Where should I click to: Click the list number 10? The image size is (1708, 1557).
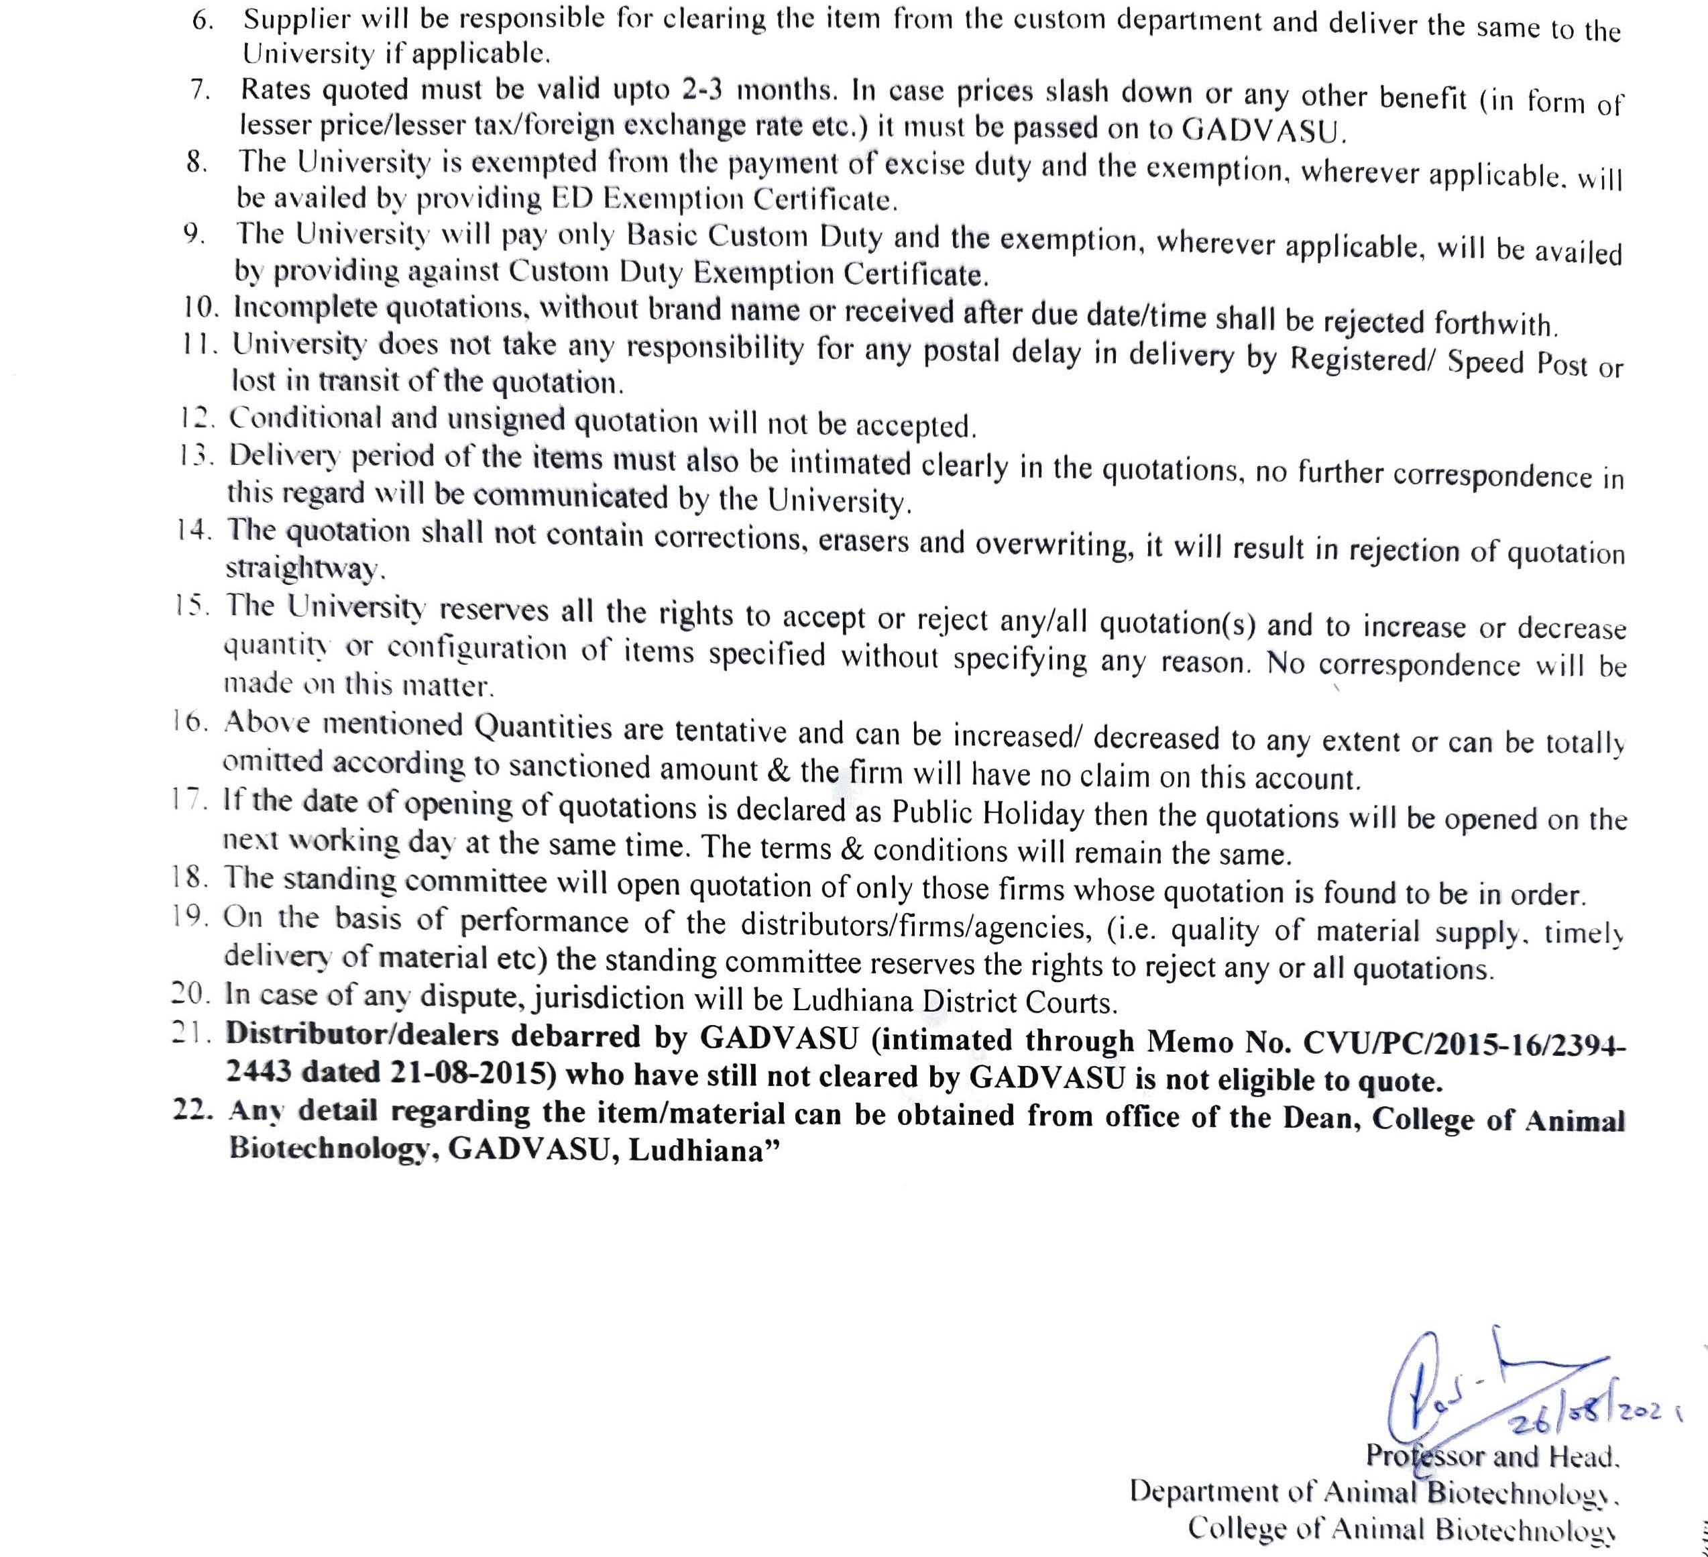click(x=201, y=307)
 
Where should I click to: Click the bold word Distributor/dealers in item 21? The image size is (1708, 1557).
click(x=363, y=1035)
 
